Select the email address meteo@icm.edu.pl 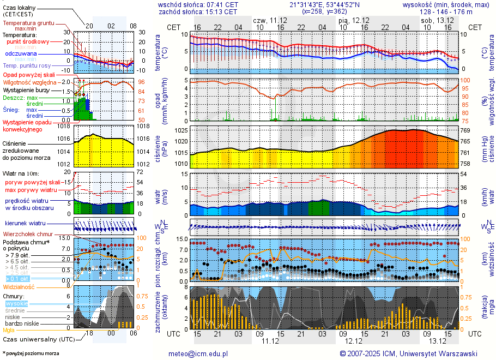(x=198, y=353)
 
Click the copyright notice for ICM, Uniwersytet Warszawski (x=409, y=353)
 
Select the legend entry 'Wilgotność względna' (x=29, y=82)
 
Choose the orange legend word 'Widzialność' (x=19, y=286)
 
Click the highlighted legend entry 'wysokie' (x=16, y=303)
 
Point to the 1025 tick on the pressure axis (x=182, y=130)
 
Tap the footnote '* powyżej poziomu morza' (x=31, y=353)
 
